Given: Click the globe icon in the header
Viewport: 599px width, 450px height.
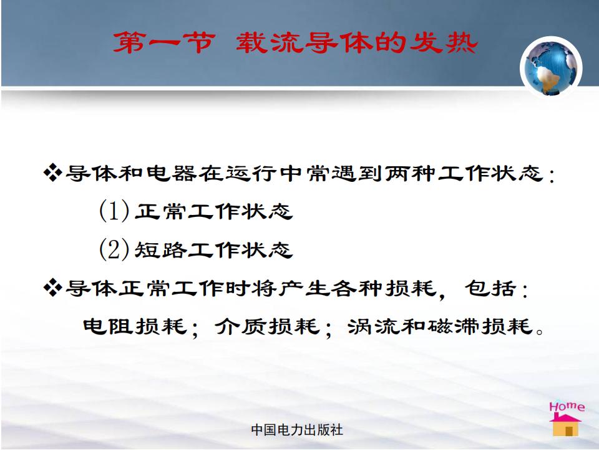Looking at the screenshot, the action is click(551, 67).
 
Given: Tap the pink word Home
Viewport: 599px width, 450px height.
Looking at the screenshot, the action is click(567, 406).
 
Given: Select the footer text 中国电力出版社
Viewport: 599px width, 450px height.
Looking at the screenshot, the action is click(297, 430).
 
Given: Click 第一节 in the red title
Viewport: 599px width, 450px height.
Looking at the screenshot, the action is click(164, 42).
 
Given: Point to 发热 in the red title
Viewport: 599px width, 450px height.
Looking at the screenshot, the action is click(444, 42).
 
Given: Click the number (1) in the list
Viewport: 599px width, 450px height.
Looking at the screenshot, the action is click(114, 211).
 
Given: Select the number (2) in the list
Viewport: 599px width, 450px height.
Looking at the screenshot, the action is click(114, 249).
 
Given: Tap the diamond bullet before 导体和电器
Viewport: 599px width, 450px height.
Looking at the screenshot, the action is click(52, 172).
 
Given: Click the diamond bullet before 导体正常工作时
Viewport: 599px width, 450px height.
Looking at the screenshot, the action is click(52, 287).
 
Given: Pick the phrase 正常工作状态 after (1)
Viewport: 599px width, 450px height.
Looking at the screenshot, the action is click(213, 211).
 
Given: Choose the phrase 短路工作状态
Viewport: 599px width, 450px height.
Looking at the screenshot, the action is click(213, 250).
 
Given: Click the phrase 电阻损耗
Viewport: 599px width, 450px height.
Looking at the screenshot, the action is click(135, 326).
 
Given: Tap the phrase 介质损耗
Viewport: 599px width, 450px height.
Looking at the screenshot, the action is click(266, 326).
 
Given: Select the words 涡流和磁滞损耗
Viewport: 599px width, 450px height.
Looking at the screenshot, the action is click(440, 326).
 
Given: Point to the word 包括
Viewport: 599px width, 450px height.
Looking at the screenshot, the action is click(490, 288).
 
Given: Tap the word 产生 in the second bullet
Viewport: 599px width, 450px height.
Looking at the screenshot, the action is click(304, 288).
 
